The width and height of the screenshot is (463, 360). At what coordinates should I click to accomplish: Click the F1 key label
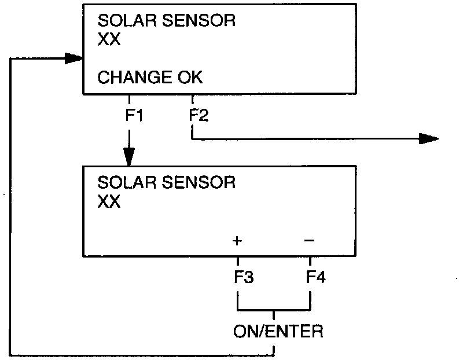[x=134, y=115]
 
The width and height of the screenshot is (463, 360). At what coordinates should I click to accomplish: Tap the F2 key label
[x=199, y=115]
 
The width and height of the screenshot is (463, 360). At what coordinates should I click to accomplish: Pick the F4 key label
[x=315, y=277]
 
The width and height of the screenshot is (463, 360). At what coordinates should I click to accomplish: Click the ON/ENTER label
[x=278, y=332]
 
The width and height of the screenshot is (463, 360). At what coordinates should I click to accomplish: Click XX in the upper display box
[x=109, y=41]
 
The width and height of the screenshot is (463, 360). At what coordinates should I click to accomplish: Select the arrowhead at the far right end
[x=429, y=138]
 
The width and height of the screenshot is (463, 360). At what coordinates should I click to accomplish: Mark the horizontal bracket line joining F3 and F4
[x=274, y=310]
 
